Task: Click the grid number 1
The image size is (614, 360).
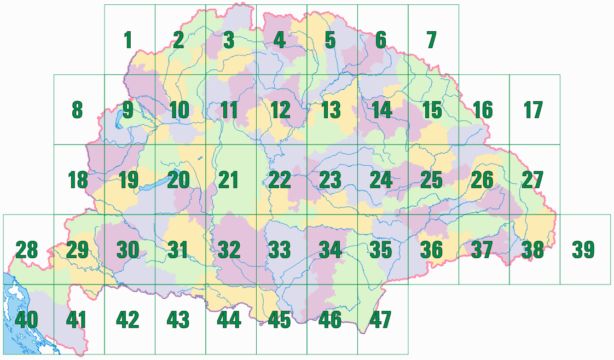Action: pos(128,40)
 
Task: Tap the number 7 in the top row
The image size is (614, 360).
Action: pos(431,40)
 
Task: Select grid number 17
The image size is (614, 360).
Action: pos(532,110)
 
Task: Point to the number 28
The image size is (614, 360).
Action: pos(27,250)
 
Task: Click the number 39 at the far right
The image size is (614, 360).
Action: pos(583,250)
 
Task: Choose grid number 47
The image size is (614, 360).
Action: pos(381,320)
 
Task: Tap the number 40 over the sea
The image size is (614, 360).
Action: pos(27,320)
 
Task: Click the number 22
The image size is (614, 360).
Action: pos(280,180)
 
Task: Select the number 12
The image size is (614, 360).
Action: pos(280,110)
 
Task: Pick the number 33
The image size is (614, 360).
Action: pos(280,250)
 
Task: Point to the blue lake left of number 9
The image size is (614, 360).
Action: pos(118,119)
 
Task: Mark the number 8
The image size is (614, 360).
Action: pos(77,110)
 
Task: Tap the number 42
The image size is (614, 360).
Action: pos(128,320)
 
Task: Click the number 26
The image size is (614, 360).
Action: pos(482,180)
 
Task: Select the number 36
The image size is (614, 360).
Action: pos(431,250)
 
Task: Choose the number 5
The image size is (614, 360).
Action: pos(330,40)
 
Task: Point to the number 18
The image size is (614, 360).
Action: pos(77,180)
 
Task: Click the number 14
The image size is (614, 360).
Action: pos(381,110)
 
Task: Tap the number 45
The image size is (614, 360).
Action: pos(279,320)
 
